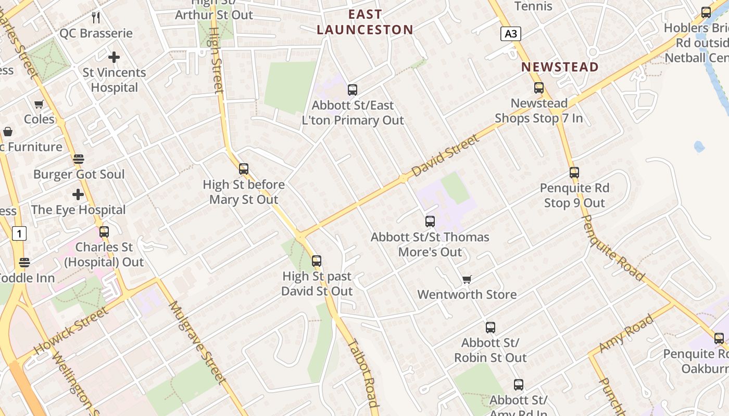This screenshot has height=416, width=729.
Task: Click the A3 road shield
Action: (x=511, y=34)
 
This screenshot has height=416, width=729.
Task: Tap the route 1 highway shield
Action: (x=19, y=234)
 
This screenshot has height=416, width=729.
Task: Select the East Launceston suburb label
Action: (x=365, y=22)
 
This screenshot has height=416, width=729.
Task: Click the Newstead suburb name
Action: (x=560, y=67)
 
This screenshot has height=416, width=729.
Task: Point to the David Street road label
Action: (x=445, y=155)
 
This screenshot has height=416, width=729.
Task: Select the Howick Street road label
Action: (x=72, y=330)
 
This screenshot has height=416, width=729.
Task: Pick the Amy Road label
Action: (x=626, y=333)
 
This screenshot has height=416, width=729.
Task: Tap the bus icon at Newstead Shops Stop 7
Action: (x=539, y=88)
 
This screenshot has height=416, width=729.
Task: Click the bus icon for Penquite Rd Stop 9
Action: (x=574, y=172)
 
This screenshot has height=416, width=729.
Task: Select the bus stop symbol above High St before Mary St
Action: (x=244, y=169)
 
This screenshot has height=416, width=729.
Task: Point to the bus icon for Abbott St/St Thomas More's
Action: (x=430, y=222)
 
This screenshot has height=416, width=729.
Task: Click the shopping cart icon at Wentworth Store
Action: (x=467, y=280)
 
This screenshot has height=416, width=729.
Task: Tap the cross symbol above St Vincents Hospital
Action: (x=114, y=57)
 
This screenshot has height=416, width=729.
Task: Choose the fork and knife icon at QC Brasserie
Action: (x=96, y=18)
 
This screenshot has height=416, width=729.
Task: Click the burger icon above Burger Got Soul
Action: (x=79, y=159)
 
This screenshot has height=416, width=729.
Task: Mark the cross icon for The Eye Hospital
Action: (x=78, y=195)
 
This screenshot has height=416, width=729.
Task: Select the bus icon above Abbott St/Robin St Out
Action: (x=491, y=328)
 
